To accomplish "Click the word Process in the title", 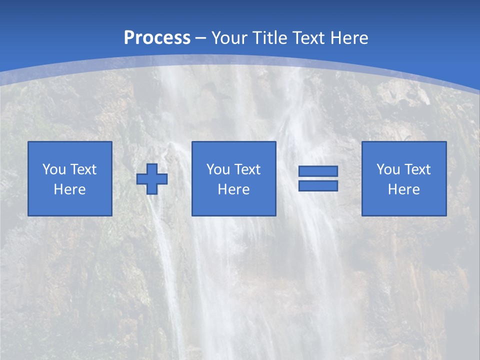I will click(x=157, y=37).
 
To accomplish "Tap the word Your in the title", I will click(x=229, y=38).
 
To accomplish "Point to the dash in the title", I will click(x=201, y=38).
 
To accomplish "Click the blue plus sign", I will click(x=152, y=179).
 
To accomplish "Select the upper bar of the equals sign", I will click(x=318, y=171).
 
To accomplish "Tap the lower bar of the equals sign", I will click(x=318, y=185).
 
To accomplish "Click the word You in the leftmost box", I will click(x=54, y=169).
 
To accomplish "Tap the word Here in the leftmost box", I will click(x=70, y=189).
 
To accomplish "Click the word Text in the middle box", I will click(x=247, y=169).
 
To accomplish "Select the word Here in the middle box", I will click(x=234, y=189).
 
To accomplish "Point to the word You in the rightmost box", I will click(x=388, y=169).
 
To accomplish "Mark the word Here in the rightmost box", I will click(x=404, y=189).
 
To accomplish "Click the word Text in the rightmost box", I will click(x=417, y=169).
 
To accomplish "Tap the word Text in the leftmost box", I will click(x=83, y=169).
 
